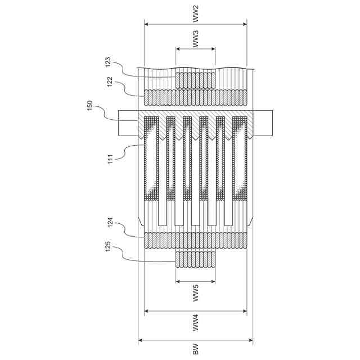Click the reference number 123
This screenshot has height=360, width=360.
coord(108,62)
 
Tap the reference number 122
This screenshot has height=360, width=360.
coord(110,82)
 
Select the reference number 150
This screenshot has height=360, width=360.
coord(90,106)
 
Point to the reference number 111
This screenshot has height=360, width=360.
coord(110,159)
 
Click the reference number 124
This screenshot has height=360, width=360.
coord(110,222)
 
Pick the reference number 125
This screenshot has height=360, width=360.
coord(108,246)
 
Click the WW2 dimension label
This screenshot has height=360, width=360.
coord(195,14)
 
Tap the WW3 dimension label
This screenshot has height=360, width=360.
coord(195,39)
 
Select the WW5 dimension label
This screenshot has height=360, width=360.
coord(195,293)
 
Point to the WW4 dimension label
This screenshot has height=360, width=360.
coord(195,323)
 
